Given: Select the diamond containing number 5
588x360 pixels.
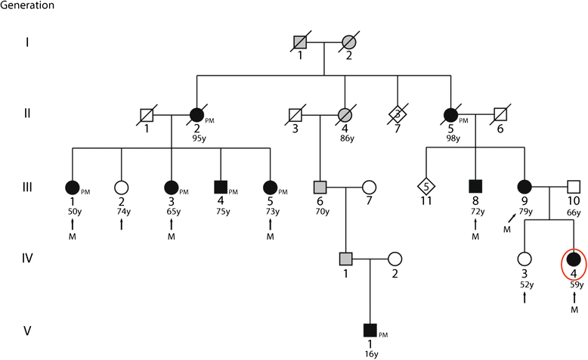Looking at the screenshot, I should (427, 185).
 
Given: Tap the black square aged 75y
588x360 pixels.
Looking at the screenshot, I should (221, 185).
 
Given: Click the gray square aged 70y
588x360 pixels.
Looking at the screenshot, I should (320, 185).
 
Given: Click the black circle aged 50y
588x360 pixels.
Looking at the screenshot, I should (73, 185).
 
